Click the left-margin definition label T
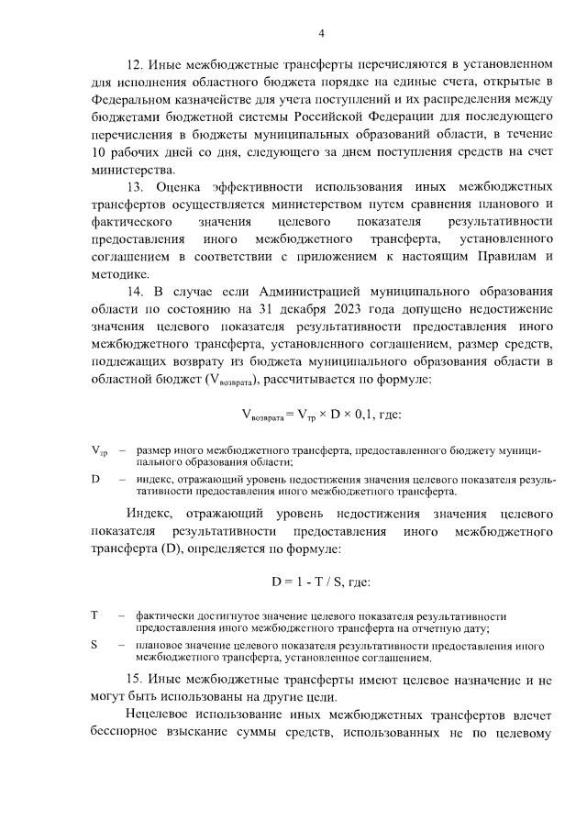click(x=94, y=615)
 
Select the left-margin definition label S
click(x=94, y=645)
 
